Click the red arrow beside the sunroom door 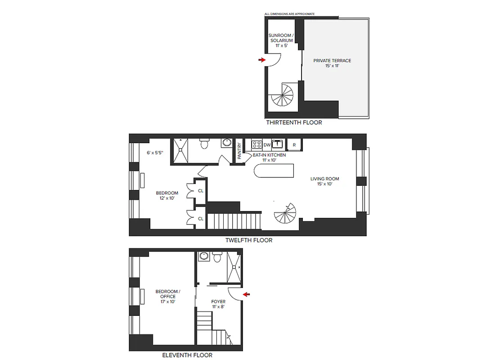pos(262,59)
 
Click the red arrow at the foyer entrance pos(247,294)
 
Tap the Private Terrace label pos(332,63)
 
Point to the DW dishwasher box pos(267,144)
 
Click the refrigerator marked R pos(294,144)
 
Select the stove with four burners pos(256,144)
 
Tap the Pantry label pos(239,150)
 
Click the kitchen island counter pos(274,171)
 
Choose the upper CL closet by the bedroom pos(201,190)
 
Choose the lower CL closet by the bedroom pos(201,218)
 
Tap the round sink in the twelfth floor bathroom pos(227,143)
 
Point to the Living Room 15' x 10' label pos(324,181)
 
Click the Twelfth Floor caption pos(248,240)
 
